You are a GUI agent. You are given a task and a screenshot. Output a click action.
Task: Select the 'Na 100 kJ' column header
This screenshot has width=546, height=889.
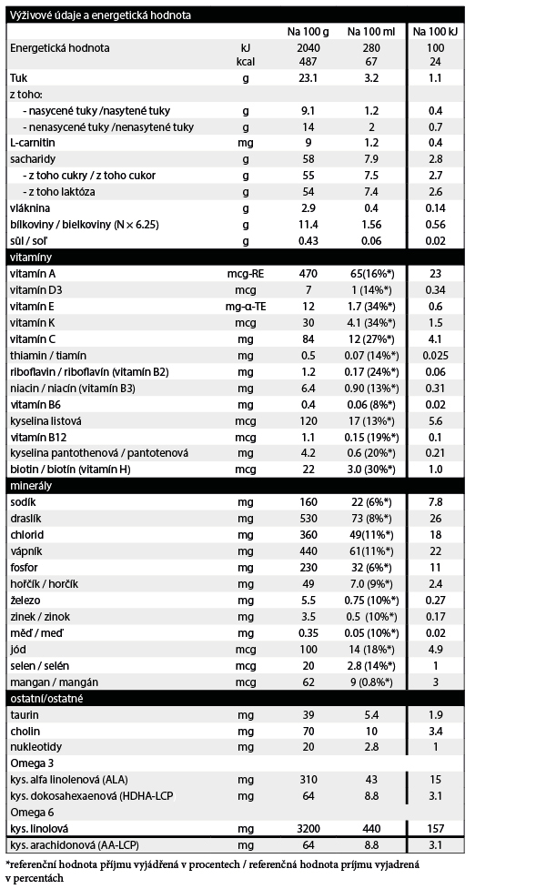point(430,31)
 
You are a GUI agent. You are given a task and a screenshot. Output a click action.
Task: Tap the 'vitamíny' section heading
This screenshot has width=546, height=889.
point(30,258)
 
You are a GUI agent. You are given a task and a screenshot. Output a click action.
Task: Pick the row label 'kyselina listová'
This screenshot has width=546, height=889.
point(45,421)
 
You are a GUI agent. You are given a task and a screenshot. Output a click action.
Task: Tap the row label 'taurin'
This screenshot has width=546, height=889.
point(24,714)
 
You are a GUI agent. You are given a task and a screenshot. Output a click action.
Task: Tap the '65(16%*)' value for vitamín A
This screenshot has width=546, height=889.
point(370,273)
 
